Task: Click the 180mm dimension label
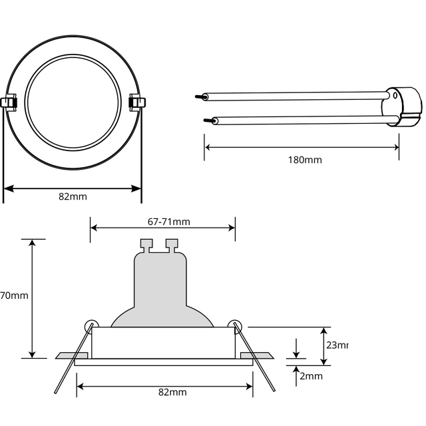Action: pyautogui.click(x=305, y=160)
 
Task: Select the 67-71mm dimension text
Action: pyautogui.click(x=168, y=222)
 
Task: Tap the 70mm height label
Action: pyautogui.click(x=13, y=295)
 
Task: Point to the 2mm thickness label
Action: pyautogui.click(x=311, y=376)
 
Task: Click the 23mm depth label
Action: pyautogui.click(x=337, y=345)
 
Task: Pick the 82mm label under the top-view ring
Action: pyautogui.click(x=73, y=196)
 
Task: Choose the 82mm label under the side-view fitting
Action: pyautogui.click(x=172, y=392)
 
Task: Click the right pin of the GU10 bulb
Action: pyautogui.click(x=172, y=246)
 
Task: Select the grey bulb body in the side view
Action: pyautogui.click(x=161, y=286)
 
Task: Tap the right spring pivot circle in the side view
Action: pyautogui.click(x=234, y=325)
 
